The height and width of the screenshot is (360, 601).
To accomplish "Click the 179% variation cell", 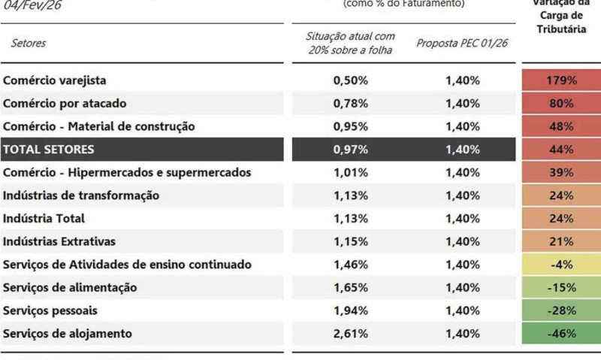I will coord(561,80).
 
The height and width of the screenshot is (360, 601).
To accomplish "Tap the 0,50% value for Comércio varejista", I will coord(351,80).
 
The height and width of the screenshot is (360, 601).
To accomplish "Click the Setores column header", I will coord(29,43).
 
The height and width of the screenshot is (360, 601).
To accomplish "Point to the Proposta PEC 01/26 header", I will coord(462,43).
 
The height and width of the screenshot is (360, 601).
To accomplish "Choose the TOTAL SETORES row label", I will coord(49,149).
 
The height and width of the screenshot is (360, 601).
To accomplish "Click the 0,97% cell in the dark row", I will coord(351,149).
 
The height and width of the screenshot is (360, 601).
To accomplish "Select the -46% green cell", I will coord(561,334).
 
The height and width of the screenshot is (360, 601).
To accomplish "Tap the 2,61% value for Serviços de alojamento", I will coord(351,334).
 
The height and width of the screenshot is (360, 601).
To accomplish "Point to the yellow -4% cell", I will coord(561,265).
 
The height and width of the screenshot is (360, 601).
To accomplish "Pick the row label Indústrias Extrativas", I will coord(59,241).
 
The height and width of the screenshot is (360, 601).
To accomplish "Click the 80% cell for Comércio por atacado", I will coord(561,103).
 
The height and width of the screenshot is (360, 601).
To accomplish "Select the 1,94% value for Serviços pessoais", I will coord(351,310).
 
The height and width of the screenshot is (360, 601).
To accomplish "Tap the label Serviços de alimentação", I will coord(70,287).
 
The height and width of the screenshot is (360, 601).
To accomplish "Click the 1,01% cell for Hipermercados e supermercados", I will coord(351,172).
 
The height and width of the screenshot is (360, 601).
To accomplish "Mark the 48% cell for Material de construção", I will coord(561,126).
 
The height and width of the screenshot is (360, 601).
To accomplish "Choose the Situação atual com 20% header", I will coord(351,43).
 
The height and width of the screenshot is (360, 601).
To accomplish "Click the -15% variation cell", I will coord(561,287).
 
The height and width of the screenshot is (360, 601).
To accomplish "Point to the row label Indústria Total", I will coord(44,218).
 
